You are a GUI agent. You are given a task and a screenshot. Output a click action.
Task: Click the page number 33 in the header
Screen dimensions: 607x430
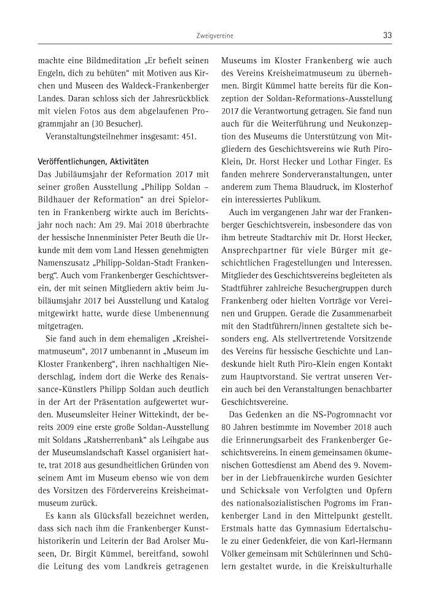[x=387, y=36]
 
